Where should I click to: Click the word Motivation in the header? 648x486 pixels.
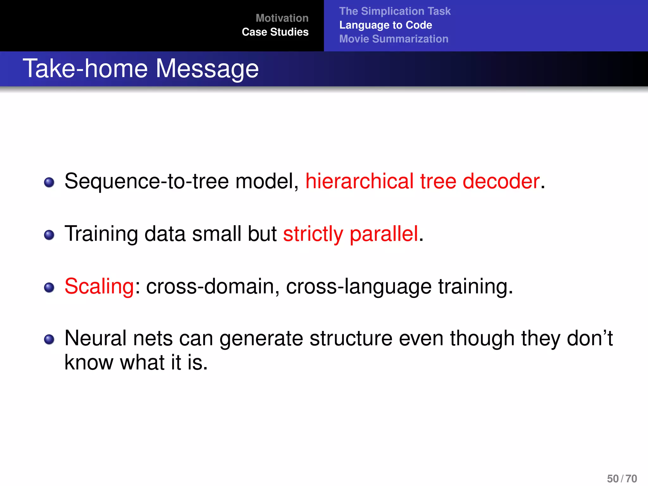click(x=282, y=18)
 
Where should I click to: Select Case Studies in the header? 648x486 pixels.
click(x=275, y=32)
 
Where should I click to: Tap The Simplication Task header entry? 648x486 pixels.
click(x=395, y=11)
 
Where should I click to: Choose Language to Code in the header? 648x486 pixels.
click(x=385, y=25)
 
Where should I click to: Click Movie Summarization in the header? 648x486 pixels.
click(x=394, y=39)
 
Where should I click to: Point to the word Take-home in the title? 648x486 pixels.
click(x=85, y=69)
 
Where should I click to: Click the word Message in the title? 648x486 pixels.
click(x=207, y=69)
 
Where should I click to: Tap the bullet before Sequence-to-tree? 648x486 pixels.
click(x=49, y=182)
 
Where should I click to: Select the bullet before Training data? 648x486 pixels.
click(x=49, y=235)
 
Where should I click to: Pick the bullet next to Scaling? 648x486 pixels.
click(x=49, y=287)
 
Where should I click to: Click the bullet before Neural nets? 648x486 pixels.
click(x=49, y=340)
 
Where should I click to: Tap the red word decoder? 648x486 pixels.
click(x=501, y=181)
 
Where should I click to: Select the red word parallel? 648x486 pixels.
click(x=384, y=234)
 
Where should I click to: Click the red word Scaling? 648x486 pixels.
click(x=99, y=287)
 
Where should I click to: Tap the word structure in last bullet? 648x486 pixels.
click(x=351, y=339)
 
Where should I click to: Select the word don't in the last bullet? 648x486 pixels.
click(x=590, y=339)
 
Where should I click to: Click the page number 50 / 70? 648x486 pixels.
click(x=622, y=479)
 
